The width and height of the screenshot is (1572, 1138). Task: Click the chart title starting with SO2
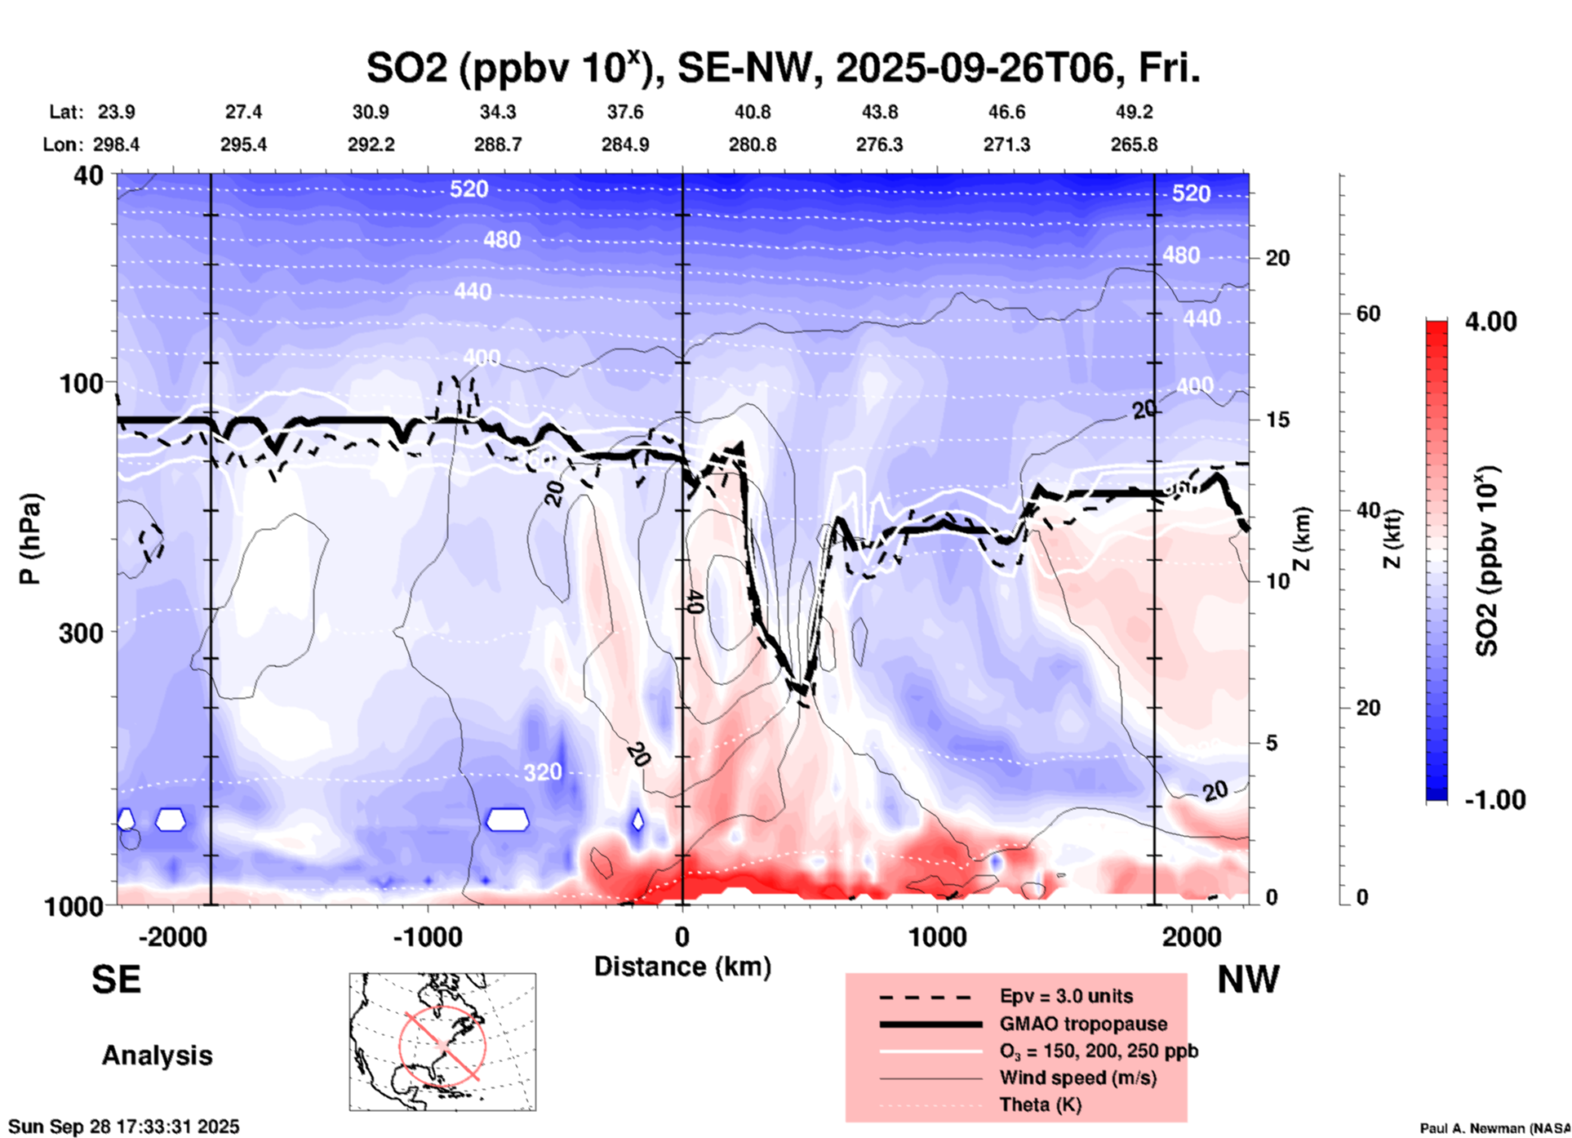[782, 68]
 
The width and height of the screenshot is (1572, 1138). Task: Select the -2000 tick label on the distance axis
[172, 937]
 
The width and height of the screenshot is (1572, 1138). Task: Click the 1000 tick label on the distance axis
[937, 937]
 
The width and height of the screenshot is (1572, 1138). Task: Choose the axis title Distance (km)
[682, 967]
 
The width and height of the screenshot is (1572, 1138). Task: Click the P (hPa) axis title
[30, 538]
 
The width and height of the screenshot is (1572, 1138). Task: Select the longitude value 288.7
[498, 144]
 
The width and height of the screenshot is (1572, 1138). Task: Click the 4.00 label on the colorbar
[1490, 322]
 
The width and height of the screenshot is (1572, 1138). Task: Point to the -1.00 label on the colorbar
[1494, 800]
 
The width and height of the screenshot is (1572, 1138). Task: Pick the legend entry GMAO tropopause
[1083, 1024]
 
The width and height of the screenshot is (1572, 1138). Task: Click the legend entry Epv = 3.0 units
[1066, 996]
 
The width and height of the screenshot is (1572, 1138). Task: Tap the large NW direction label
[1248, 980]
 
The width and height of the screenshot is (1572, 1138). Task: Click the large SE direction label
[116, 980]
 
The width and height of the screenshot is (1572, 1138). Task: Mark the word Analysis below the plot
[157, 1056]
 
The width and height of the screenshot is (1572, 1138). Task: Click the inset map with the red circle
[442, 1042]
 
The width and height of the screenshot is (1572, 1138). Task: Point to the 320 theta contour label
[543, 772]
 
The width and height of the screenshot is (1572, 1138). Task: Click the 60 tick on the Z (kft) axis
[1367, 314]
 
